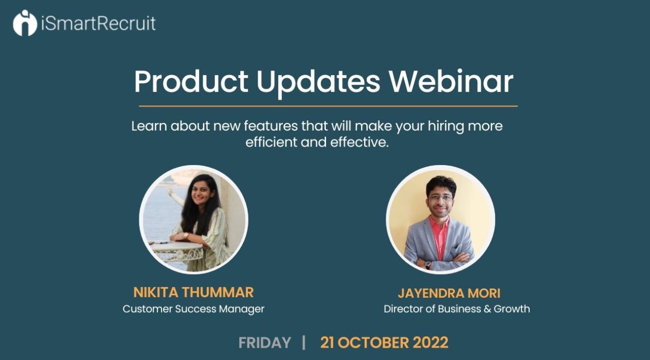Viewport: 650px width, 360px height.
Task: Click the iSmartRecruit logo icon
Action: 25,23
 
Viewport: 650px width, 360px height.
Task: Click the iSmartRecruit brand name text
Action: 98,23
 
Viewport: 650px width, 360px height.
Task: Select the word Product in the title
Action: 191,82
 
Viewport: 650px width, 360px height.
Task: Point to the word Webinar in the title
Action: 451,82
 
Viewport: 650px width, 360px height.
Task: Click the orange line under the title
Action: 328,106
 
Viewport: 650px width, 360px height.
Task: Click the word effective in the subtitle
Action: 359,142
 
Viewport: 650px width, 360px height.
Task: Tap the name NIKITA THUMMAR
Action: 193,292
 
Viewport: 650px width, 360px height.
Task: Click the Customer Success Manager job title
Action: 193,309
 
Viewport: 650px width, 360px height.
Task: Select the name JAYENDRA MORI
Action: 449,293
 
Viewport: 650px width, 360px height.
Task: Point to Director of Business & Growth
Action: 457,309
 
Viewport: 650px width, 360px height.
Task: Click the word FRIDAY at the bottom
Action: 265,343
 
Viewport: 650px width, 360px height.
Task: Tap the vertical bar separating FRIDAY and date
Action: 304,343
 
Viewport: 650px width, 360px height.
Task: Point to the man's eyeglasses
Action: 441,198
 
